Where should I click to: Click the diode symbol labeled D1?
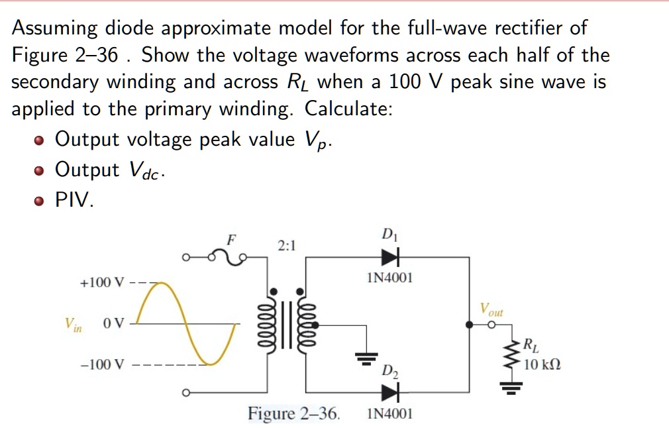391,256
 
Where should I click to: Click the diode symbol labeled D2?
391,393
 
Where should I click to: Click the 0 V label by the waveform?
113,324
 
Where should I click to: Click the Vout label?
491,309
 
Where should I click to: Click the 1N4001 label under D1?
389,278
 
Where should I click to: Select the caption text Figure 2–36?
293,414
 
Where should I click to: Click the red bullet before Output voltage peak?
41,141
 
